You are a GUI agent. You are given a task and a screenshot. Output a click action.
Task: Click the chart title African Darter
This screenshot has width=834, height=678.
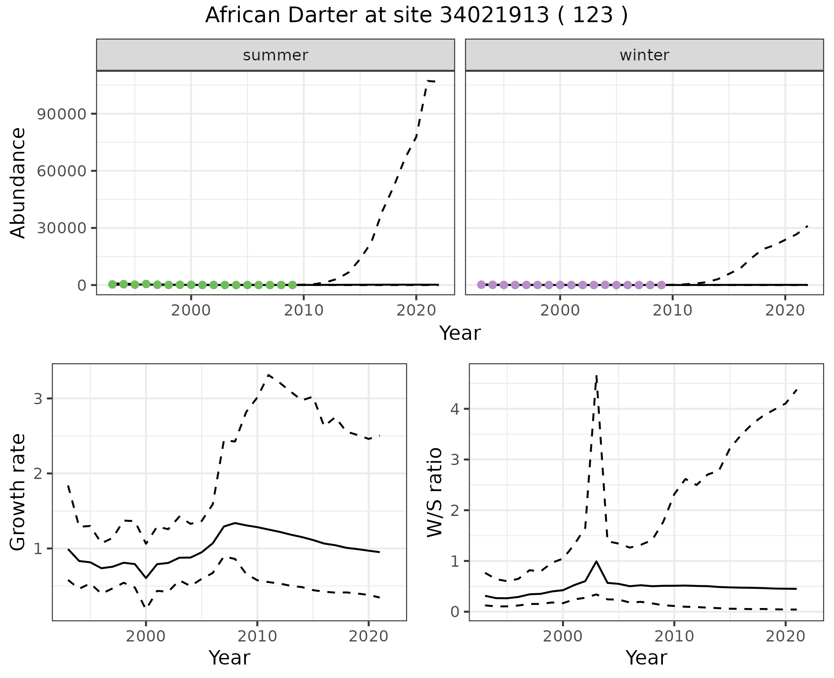click(x=416, y=16)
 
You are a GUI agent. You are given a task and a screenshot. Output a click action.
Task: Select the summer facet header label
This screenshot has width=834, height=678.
click(x=275, y=55)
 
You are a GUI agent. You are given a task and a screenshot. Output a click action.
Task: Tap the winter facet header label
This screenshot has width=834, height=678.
click(x=644, y=55)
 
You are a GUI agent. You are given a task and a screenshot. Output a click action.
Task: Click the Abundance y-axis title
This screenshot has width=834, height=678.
click(x=18, y=183)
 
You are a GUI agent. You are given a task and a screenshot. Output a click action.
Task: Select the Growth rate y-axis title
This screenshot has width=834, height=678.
click(x=18, y=492)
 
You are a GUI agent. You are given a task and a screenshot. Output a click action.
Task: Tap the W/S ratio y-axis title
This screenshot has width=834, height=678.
click(x=435, y=492)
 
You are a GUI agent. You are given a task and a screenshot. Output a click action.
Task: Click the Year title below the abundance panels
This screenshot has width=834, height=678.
click(x=460, y=333)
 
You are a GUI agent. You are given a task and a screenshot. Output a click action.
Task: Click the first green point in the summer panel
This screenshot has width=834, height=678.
click(x=112, y=284)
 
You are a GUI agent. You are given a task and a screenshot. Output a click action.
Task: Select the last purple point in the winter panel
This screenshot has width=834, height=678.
click(x=661, y=285)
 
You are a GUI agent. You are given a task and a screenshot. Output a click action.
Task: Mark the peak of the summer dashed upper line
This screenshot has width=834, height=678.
click(x=429, y=81)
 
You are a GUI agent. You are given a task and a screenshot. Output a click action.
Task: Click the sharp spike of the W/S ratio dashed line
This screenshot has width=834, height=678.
click(x=596, y=376)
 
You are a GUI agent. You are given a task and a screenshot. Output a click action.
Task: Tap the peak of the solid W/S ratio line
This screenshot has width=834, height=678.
click(x=596, y=562)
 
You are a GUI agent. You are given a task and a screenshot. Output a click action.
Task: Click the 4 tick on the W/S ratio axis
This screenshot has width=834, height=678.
click(x=455, y=409)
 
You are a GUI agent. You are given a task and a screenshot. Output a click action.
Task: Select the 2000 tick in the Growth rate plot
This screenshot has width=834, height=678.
click(x=146, y=637)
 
